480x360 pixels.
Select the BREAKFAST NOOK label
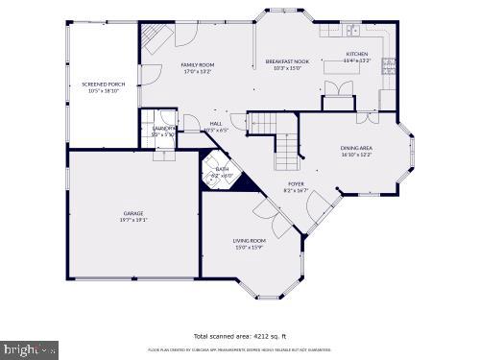pos(287,61)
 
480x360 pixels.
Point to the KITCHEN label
pos(356,54)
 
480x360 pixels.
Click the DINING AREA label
pos(356,147)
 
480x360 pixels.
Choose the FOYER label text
pos(297,183)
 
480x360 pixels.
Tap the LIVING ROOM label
pos(249,240)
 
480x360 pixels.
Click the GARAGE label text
pos(132,212)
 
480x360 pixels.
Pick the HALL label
pos(217,123)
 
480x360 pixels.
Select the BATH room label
pos(222,168)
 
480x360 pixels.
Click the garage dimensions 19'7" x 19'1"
pos(132,220)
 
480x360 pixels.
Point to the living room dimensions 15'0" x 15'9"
pos(249,248)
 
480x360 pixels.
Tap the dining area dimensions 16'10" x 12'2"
pos(356,155)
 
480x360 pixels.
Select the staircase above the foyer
pos(287,150)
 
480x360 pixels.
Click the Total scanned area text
pos(239,336)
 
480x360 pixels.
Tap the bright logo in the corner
pos(29,350)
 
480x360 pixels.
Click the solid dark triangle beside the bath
pos(242,181)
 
